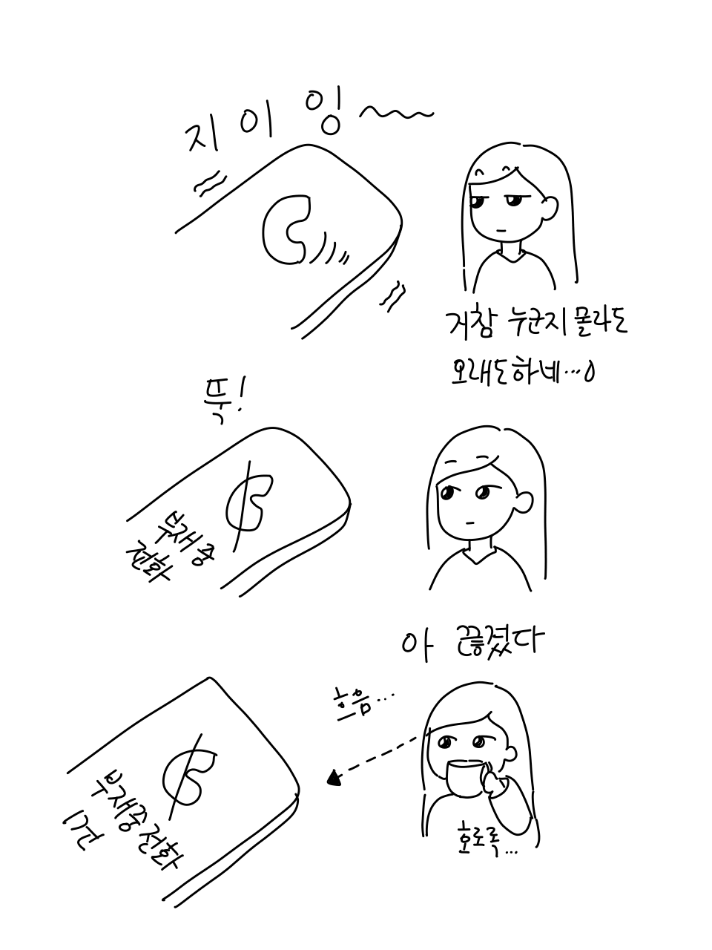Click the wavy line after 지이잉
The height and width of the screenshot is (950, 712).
coord(395,113)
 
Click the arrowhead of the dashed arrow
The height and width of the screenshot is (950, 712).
coord(334,778)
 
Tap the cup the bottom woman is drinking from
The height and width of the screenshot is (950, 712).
coord(466,777)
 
